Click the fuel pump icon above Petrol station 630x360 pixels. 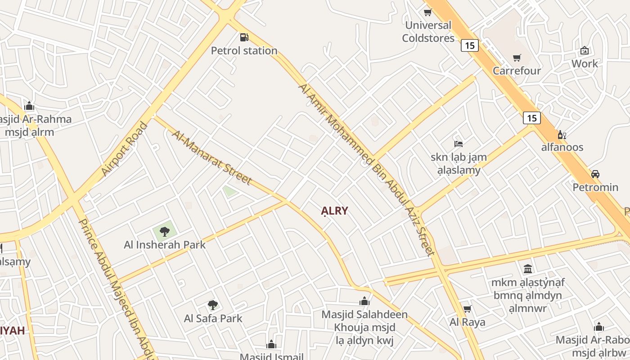[244, 37]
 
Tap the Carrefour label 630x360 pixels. [517, 71]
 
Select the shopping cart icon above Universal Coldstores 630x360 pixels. [427, 12]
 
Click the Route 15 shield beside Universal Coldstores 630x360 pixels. [469, 45]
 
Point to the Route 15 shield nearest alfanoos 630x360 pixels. [532, 118]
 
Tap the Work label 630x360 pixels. [585, 63]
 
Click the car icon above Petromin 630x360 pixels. [595, 174]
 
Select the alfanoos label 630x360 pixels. [562, 147]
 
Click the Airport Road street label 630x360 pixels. [124, 149]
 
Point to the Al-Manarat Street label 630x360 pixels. [211, 157]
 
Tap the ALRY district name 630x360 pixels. [334, 211]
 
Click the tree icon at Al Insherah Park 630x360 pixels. [164, 232]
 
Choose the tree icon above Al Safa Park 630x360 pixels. [213, 305]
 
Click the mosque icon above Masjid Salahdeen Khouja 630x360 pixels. [364, 301]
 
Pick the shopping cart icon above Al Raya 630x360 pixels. [467, 309]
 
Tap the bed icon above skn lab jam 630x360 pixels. [458, 144]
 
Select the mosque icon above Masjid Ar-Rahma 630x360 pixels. [30, 106]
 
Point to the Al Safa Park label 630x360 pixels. [213, 319]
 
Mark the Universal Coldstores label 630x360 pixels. [428, 31]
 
